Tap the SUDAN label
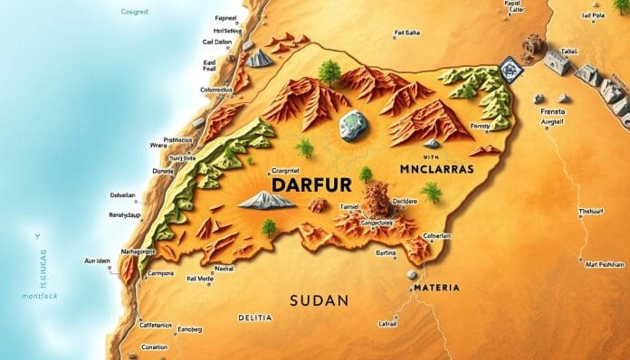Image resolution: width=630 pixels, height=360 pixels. [319, 298]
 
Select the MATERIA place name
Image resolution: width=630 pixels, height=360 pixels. [435, 288]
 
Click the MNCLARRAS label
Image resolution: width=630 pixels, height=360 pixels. [438, 168]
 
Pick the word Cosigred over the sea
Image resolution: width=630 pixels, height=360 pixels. [135, 13]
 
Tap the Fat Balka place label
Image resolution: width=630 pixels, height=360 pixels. [409, 33]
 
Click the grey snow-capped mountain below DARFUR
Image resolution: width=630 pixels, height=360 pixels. [266, 200]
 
